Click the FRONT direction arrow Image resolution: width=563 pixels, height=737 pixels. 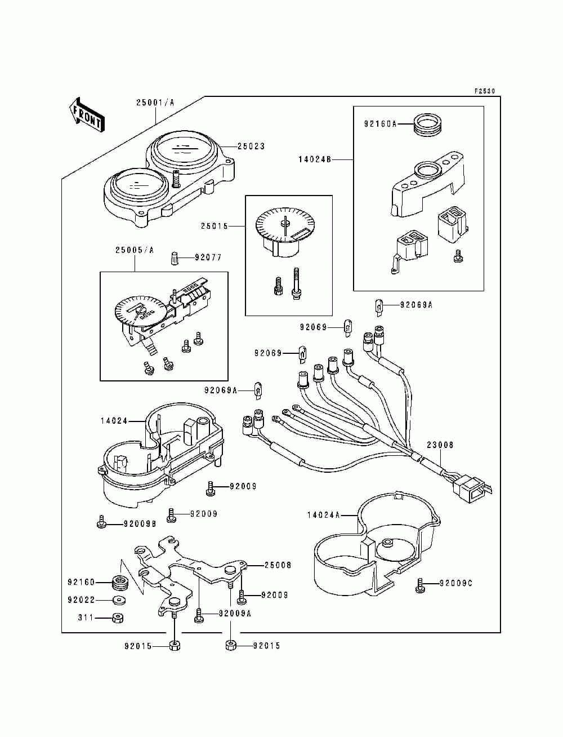tap(87, 115)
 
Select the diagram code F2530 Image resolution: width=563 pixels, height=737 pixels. tap(484, 91)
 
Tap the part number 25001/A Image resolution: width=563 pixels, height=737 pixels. tap(155, 103)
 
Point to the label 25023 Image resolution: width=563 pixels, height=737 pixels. tap(251, 146)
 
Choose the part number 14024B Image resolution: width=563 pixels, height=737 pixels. tap(315, 160)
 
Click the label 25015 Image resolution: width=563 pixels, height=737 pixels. tap(215, 227)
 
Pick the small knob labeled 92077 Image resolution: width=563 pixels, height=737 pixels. tap(175, 258)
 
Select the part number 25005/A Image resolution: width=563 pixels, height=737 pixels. tap(135, 250)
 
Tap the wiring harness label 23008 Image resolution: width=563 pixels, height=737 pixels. tap(440, 445)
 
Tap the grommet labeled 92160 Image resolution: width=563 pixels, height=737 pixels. tap(118, 582)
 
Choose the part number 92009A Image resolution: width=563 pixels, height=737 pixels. tap(235, 614)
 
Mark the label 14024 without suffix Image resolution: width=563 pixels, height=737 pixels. tap(114, 421)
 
